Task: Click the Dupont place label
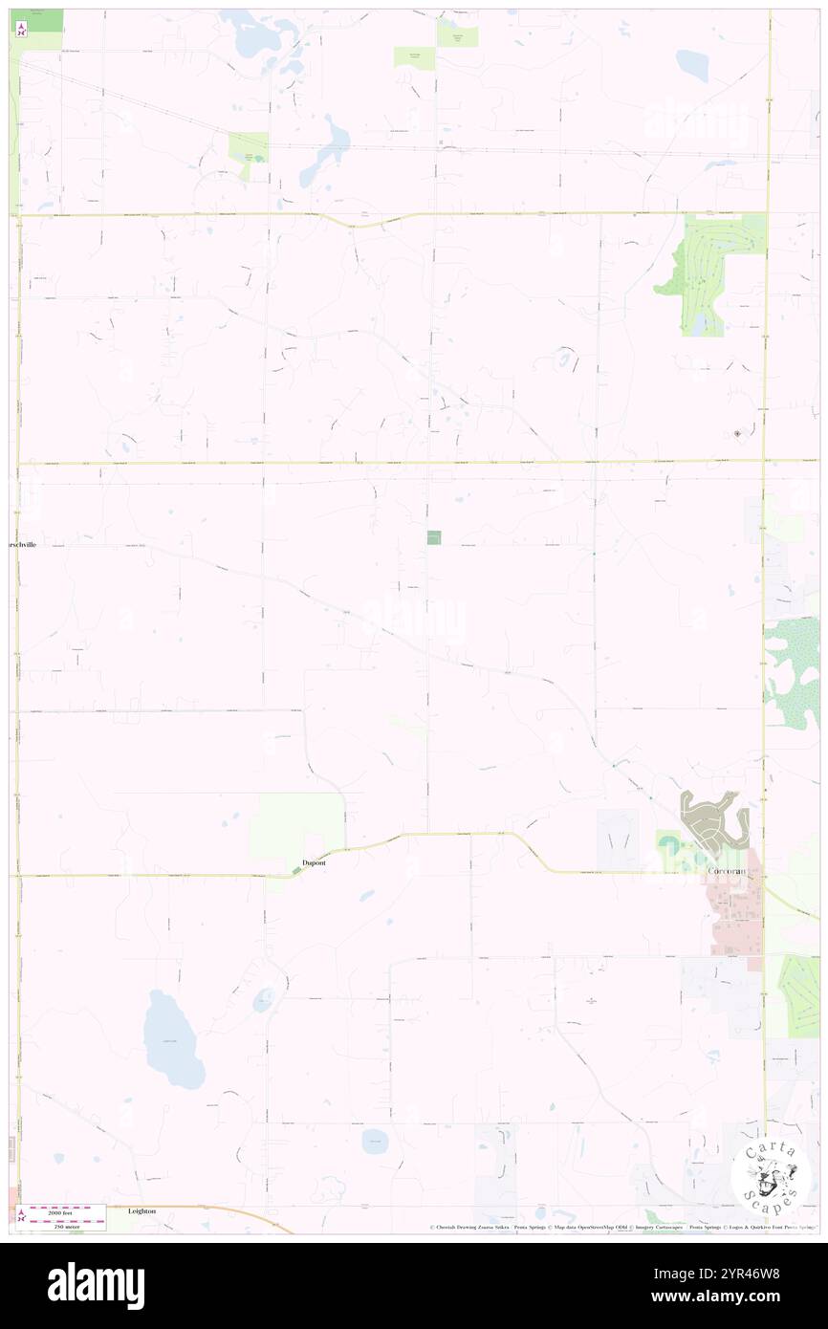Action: point(314,862)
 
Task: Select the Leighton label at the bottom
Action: point(142,1210)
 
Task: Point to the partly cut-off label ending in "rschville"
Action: point(23,544)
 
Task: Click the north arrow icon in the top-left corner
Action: point(22,29)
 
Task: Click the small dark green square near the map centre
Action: point(434,538)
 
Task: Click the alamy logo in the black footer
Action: point(96,1285)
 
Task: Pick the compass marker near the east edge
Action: point(737,434)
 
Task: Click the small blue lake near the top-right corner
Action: point(691,64)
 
